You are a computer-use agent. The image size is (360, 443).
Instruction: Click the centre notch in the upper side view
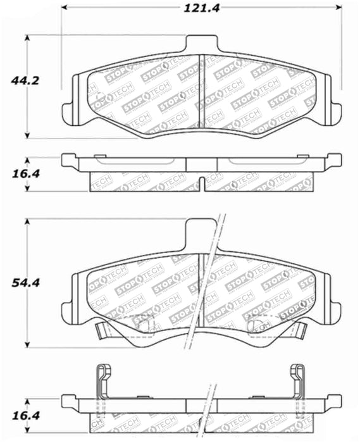pyautogui.click(x=201, y=184)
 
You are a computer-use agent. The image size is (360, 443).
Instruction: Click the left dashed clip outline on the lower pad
pyautogui.click(x=147, y=323)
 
